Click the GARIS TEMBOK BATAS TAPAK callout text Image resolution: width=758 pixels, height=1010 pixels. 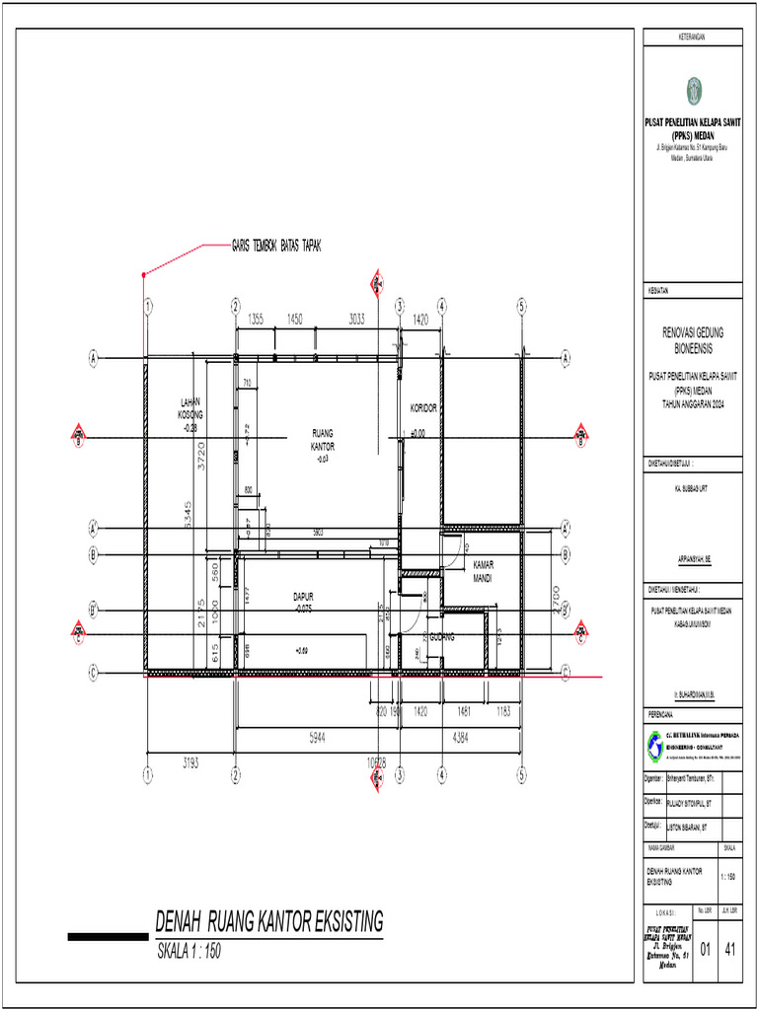tap(276, 245)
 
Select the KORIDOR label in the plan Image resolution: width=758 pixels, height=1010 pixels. tap(423, 407)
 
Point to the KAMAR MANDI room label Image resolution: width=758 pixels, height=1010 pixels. tap(483, 571)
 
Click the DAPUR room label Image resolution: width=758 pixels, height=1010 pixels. tap(303, 603)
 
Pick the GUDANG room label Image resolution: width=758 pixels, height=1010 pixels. tap(441, 638)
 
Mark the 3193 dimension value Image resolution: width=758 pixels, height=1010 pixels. tap(190, 762)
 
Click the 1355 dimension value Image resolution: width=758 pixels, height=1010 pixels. tap(255, 319)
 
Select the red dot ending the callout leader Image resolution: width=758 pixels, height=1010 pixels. tap(144, 273)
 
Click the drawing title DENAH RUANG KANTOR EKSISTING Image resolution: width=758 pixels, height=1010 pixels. tap(268, 922)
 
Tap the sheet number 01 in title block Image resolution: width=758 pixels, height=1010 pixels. tap(706, 950)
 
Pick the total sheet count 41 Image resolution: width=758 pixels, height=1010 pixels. tap(731, 950)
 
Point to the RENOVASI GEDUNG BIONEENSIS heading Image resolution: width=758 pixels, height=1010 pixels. tap(692, 341)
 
